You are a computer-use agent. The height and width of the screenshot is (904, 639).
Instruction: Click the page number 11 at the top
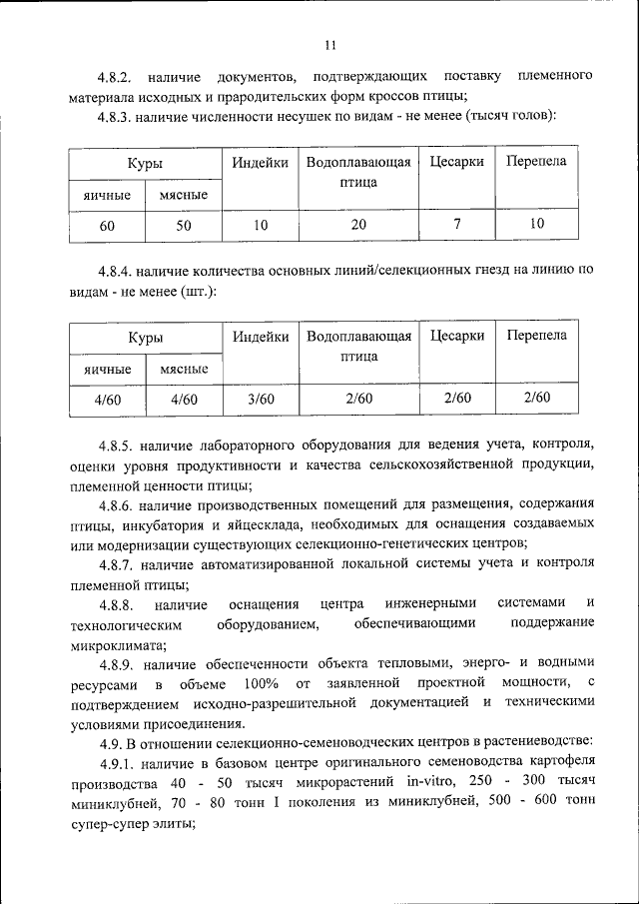pyautogui.click(x=330, y=45)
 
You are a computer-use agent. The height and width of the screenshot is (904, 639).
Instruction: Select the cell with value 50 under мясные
pyautogui.click(x=183, y=226)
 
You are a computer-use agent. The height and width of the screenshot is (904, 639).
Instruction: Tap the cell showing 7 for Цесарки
pyautogui.click(x=456, y=224)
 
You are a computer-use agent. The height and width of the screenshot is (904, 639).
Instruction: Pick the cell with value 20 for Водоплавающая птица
pyautogui.click(x=358, y=225)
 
